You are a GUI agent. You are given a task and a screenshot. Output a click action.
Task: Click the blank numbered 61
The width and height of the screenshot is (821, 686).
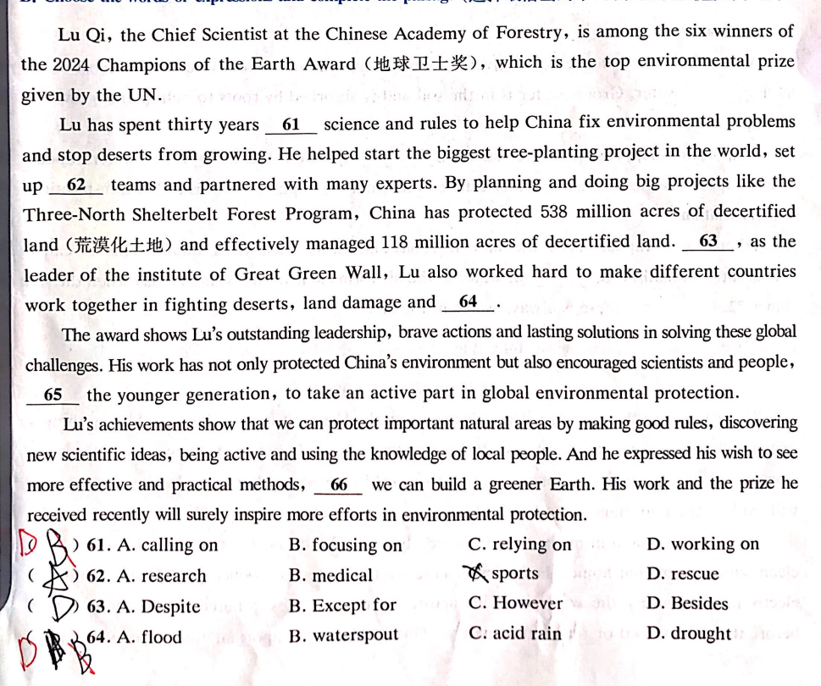[291, 125]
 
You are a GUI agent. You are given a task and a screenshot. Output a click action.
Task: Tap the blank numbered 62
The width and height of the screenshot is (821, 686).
[75, 185]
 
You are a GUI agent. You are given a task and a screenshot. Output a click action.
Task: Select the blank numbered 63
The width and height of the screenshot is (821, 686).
[708, 241]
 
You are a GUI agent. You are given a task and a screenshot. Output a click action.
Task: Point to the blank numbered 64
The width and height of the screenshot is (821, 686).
[468, 302]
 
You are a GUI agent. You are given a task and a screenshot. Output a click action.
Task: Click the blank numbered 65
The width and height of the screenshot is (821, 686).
[53, 395]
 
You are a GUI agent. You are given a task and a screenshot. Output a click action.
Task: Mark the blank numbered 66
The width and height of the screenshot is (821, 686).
[339, 485]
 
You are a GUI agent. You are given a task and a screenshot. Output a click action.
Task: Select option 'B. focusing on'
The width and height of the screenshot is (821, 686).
[346, 545]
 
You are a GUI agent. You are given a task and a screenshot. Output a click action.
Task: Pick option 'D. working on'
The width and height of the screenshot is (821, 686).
[702, 545]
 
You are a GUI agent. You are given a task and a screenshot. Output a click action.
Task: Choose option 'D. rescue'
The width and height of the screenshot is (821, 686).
[682, 574]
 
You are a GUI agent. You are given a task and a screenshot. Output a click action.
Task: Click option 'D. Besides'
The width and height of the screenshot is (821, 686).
[687, 604]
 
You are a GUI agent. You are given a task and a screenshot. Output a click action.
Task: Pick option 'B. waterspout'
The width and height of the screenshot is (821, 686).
[343, 635]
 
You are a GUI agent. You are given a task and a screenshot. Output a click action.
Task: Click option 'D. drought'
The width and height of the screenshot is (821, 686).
[688, 633]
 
